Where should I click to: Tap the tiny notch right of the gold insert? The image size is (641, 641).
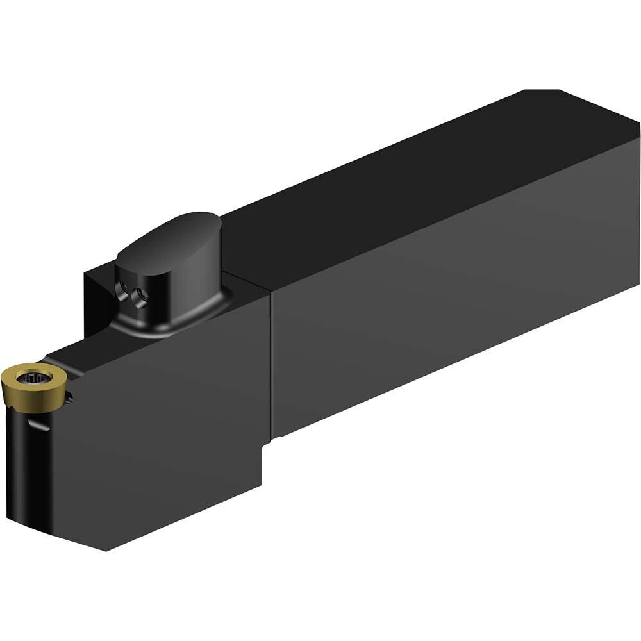[x=69, y=398]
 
